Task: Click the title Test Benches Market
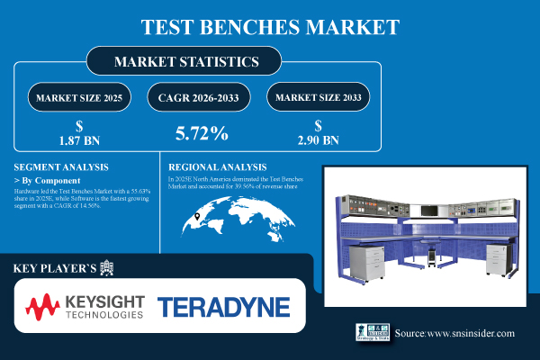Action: pos(269,25)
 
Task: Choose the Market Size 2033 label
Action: pos(319,96)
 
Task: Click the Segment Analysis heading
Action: pos(61,166)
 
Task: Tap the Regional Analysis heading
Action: pos(218,166)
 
